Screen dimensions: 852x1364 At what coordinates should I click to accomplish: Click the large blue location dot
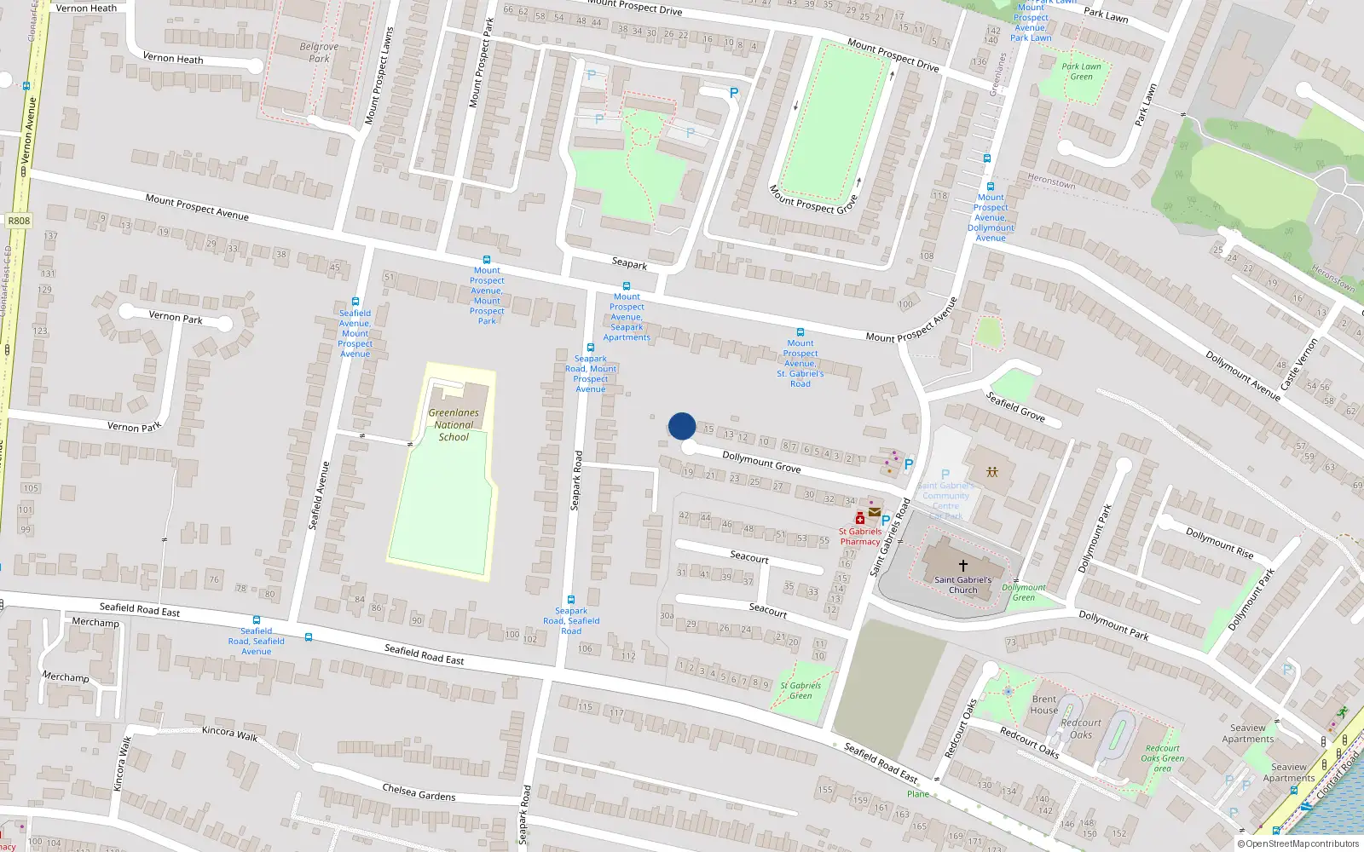[x=682, y=426]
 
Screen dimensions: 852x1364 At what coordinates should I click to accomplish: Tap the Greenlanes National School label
[x=454, y=424]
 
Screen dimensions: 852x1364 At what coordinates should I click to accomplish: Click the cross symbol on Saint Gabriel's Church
[x=963, y=565]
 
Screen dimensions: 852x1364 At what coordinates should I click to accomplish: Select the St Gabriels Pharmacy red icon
[x=859, y=518]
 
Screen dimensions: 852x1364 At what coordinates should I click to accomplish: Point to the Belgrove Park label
[x=319, y=53]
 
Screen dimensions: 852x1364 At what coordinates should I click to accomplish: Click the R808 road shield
[x=19, y=221]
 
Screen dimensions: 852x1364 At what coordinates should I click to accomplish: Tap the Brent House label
[x=1043, y=705]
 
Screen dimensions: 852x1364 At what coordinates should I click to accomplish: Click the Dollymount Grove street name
[x=761, y=462]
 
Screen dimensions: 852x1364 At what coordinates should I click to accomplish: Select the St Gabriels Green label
[x=800, y=690]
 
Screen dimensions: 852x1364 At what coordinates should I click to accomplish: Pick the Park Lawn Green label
[x=1081, y=72]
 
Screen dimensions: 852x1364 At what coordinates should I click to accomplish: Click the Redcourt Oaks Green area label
[x=1162, y=758]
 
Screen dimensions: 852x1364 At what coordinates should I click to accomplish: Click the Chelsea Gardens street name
[x=419, y=792]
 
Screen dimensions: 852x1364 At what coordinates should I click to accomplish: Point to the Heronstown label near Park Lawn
[x=1051, y=181]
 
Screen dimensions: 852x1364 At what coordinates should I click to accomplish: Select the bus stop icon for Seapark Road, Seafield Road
[x=570, y=600]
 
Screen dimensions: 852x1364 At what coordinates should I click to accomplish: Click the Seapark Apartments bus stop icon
[x=627, y=286]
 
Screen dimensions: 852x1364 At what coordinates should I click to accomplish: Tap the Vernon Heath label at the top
[x=86, y=8]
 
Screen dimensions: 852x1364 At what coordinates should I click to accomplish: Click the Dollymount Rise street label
[x=1219, y=543]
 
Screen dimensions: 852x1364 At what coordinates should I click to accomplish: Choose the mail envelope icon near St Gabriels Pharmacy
[x=874, y=512]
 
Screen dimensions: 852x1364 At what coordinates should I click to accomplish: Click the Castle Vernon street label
[x=1298, y=364]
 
